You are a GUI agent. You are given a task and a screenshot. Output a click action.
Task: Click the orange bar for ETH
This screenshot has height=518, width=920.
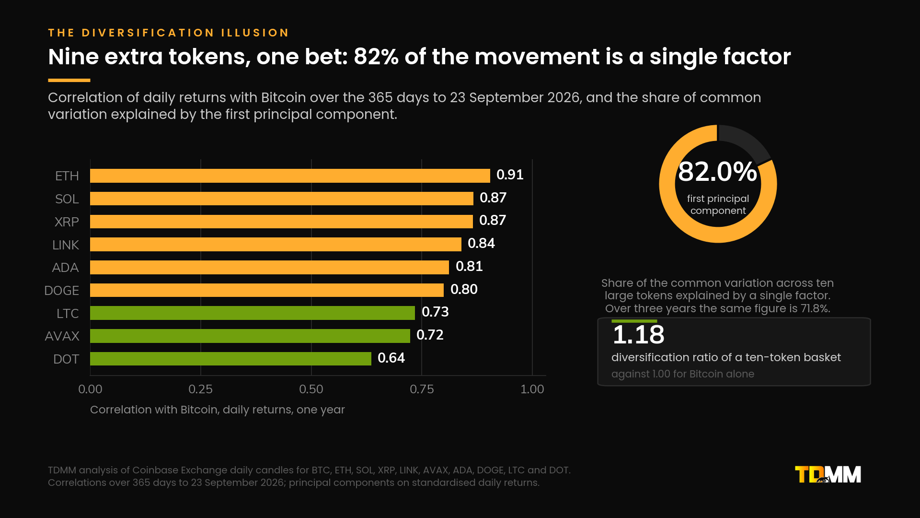[290, 176]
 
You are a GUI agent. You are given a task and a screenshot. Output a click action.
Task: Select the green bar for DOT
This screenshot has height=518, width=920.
[230, 359]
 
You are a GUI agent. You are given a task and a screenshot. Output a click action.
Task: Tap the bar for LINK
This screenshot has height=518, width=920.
[276, 244]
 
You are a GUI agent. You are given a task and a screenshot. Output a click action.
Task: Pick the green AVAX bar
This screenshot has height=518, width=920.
[250, 336]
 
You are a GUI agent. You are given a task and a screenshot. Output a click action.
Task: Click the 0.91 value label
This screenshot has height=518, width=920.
[510, 175]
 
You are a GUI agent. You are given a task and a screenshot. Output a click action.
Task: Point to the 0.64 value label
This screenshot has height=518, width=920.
[391, 358]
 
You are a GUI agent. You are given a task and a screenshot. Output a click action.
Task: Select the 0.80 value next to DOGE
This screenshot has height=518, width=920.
[464, 289]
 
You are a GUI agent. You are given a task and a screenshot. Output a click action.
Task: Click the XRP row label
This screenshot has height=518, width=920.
[67, 222]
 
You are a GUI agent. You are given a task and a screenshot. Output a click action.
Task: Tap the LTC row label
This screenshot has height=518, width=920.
[68, 313]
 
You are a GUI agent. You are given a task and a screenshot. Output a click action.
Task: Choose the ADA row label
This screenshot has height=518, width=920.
[65, 267]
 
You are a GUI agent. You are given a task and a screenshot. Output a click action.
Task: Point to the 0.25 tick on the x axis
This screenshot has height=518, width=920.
[200, 389]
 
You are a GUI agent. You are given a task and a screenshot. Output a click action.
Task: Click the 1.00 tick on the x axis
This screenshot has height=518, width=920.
[532, 389]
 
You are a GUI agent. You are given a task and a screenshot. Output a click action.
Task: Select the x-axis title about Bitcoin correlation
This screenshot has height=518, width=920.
[218, 410]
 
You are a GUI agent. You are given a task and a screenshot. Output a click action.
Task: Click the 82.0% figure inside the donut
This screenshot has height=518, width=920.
[717, 172]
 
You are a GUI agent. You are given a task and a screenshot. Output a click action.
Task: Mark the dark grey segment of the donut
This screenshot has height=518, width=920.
[745, 141]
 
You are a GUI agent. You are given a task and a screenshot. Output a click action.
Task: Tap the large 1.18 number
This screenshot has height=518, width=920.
[638, 335]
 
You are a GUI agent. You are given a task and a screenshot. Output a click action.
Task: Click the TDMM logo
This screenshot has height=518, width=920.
[828, 474]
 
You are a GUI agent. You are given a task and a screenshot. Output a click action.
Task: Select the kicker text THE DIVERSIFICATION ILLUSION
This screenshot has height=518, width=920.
[169, 33]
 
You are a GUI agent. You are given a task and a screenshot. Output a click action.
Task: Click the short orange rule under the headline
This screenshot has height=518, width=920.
[69, 80]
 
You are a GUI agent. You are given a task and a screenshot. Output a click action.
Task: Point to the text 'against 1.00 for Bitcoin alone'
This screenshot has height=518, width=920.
[683, 374]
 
